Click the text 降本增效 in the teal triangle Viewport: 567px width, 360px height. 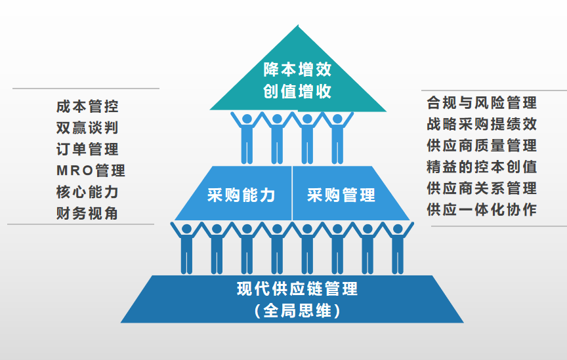[297, 70]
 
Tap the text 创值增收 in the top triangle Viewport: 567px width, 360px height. [297, 91]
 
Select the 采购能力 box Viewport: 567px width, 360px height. [240, 195]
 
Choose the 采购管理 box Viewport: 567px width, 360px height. [341, 195]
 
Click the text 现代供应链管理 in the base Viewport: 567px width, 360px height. [297, 289]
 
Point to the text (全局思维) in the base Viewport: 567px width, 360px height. [297, 310]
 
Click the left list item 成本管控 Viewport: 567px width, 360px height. [87, 106]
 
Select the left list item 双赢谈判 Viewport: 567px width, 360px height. [87, 127]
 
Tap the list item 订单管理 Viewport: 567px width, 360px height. [87, 149]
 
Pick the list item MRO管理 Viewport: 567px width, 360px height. [91, 170]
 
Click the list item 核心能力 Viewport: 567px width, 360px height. [87, 192]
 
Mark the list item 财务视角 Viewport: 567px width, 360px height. [87, 213]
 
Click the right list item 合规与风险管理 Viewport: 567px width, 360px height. [481, 102]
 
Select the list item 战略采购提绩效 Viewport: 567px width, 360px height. [481, 124]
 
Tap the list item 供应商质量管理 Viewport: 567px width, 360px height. [481, 145]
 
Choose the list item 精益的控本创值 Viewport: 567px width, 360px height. [481, 167]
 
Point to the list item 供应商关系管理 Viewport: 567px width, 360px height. [481, 188]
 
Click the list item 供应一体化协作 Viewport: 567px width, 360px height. [481, 210]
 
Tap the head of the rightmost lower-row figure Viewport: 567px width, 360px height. [397, 230]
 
